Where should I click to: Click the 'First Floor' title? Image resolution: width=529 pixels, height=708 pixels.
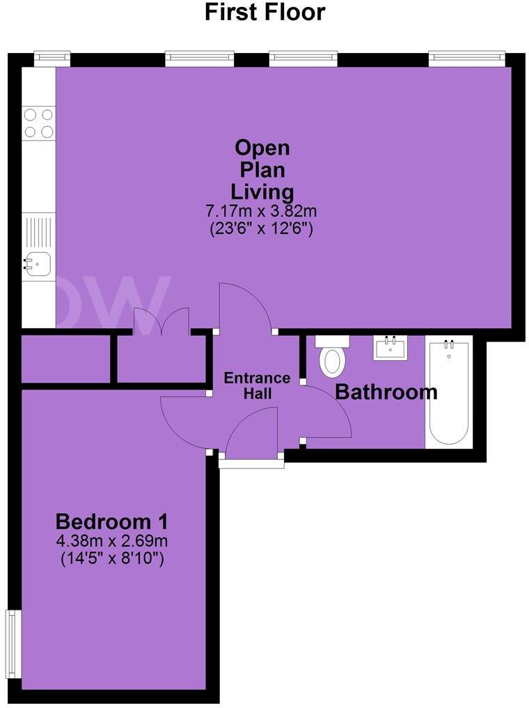coord(264,12)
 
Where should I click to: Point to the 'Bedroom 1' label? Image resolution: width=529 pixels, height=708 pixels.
coord(111,521)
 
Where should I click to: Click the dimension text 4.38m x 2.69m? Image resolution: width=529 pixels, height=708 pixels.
coord(111,541)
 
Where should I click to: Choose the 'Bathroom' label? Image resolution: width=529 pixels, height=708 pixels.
coord(386,392)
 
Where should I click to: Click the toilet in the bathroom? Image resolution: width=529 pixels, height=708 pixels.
coord(332,357)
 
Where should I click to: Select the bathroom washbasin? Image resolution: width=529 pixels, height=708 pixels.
coord(390,347)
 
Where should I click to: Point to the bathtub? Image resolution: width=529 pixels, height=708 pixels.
coord(448,392)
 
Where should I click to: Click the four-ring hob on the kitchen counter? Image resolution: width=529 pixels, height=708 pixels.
coord(39,123)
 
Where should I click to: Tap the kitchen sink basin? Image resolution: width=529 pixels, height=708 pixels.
coord(38,264)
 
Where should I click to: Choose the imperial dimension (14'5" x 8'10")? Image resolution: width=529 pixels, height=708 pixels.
coord(111,558)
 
